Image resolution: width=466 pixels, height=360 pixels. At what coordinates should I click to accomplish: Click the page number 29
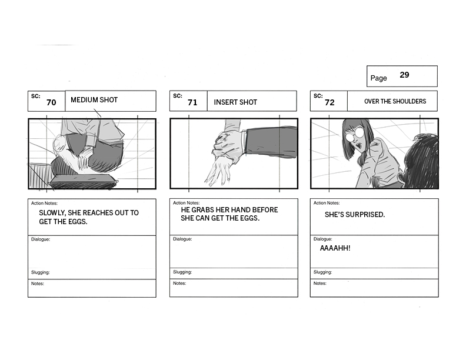point(404,75)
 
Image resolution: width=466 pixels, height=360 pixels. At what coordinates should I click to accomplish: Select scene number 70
point(51,102)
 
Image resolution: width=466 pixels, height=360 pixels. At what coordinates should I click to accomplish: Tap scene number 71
point(192,102)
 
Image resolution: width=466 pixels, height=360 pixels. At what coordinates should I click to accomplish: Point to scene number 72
point(329,102)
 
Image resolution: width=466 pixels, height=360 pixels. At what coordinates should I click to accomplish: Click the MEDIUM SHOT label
point(94,100)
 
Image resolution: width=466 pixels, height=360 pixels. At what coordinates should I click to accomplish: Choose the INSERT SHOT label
point(235,102)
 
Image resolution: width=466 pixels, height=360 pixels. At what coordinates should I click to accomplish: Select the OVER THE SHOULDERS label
point(395,101)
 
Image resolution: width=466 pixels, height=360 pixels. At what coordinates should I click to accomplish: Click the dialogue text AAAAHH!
point(335,248)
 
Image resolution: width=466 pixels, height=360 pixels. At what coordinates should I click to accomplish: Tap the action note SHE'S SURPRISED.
point(355,215)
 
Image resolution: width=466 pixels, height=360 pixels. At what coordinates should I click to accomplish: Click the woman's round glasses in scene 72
point(355,135)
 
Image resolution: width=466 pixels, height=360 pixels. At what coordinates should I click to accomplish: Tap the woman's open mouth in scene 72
point(359,146)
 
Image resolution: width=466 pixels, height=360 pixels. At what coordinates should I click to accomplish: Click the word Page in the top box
point(379,78)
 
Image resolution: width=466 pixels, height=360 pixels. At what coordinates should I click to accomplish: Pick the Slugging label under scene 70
point(41,272)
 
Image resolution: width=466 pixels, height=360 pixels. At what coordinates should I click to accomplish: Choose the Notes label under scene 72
point(319,284)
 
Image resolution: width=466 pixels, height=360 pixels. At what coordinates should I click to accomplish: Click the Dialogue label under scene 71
point(182,239)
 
